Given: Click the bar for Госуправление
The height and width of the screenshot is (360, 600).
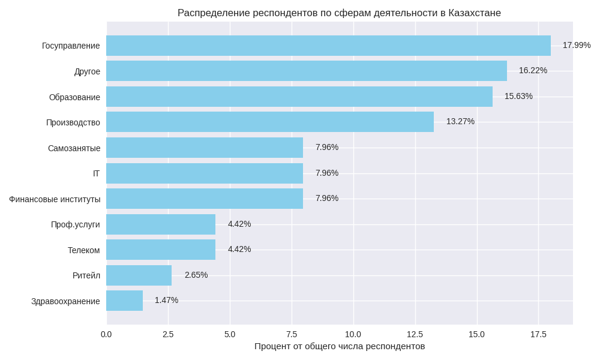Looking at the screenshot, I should (328, 46).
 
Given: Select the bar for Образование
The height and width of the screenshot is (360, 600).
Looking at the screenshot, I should (299, 97).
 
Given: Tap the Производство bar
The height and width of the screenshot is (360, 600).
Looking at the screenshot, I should (270, 122).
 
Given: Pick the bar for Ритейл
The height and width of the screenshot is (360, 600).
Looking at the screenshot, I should (139, 275).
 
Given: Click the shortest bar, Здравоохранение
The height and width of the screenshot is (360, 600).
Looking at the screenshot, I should (124, 301).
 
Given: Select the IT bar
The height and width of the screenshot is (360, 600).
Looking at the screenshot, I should (205, 173).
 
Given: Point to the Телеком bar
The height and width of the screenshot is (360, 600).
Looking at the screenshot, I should (161, 250).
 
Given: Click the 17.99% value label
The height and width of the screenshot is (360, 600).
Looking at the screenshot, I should (576, 45).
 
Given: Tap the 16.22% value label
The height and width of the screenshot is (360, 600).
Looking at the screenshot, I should (533, 70).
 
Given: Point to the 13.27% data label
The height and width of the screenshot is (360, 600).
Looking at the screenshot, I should (460, 121).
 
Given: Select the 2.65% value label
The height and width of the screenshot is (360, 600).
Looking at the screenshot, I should (196, 275).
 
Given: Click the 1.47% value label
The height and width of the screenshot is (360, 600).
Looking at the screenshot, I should (166, 300).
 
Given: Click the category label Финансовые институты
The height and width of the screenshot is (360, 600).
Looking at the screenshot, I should (55, 199).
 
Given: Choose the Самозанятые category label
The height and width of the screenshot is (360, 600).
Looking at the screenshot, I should (74, 148).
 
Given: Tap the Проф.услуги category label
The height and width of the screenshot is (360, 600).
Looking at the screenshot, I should (76, 224).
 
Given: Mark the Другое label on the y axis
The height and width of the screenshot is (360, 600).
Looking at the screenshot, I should (87, 71).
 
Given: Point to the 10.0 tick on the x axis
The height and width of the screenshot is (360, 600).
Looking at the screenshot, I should (353, 334).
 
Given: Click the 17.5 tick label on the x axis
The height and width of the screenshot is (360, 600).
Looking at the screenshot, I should (538, 334).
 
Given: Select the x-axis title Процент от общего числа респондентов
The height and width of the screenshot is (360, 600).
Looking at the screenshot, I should (340, 346).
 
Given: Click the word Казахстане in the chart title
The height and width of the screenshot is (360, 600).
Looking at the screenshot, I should (475, 13).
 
